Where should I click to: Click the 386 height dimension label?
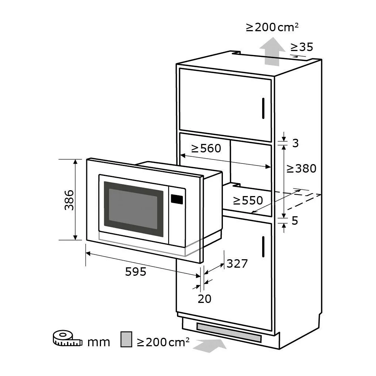[69, 200]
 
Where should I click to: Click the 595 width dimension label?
[135, 272]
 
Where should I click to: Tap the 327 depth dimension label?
[237, 264]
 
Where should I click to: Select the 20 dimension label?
[205, 299]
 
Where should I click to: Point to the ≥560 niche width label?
[206, 148]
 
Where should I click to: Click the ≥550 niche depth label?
[248, 200]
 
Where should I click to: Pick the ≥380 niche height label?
[301, 169]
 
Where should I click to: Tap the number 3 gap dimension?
[296, 143]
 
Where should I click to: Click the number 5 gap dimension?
[295, 221]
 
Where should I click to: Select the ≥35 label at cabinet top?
[302, 47]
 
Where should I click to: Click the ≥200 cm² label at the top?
[272, 27]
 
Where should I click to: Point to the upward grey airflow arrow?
[272, 51]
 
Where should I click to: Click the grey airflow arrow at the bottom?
[210, 346]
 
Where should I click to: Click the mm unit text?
[98, 342]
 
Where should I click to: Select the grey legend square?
[126, 339]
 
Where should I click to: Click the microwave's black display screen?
[177, 199]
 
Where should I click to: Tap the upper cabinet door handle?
[263, 108]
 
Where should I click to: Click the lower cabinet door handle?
[263, 246]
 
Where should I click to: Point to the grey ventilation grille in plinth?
[229, 333]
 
